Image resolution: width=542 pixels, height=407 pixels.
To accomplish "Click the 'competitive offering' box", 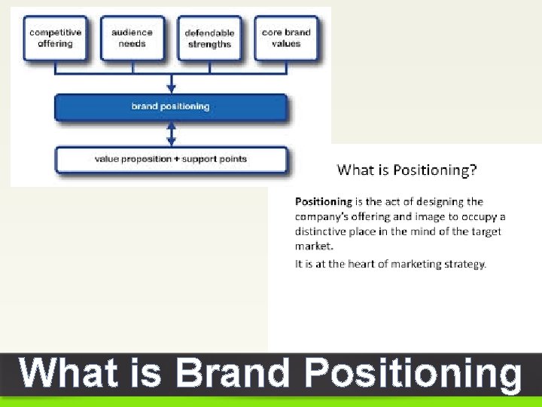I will [56, 38].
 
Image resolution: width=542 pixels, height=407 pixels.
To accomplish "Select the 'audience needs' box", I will [132, 38].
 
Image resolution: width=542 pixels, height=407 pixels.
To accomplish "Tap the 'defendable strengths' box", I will [209, 38].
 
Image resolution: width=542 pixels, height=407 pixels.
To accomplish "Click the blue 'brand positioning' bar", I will [171, 107].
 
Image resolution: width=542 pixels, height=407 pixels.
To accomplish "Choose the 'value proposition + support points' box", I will [171, 159].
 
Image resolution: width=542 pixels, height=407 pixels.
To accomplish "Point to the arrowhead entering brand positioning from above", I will [171, 87].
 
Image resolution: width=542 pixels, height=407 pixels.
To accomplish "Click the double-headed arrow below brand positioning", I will [171, 134].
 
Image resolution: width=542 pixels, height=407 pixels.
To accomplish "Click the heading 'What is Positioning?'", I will [406, 170].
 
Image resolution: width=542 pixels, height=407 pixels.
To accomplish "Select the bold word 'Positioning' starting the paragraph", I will [323, 202].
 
